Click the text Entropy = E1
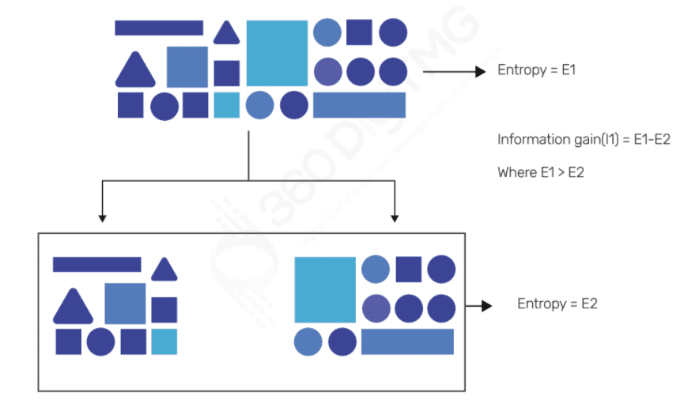(x=536, y=70)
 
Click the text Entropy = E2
(x=557, y=304)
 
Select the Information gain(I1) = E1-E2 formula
(x=584, y=140)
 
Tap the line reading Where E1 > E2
(x=540, y=172)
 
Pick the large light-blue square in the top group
(x=277, y=53)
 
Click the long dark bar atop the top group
(x=159, y=28)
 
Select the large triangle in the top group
(x=135, y=71)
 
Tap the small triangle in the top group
(x=227, y=34)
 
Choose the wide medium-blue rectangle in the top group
(x=359, y=105)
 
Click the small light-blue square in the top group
(x=227, y=105)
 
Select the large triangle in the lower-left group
(x=73, y=307)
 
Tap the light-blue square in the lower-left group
(x=164, y=341)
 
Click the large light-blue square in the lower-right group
(x=325, y=289)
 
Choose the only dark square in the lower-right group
(x=408, y=270)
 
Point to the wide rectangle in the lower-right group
(x=407, y=341)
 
